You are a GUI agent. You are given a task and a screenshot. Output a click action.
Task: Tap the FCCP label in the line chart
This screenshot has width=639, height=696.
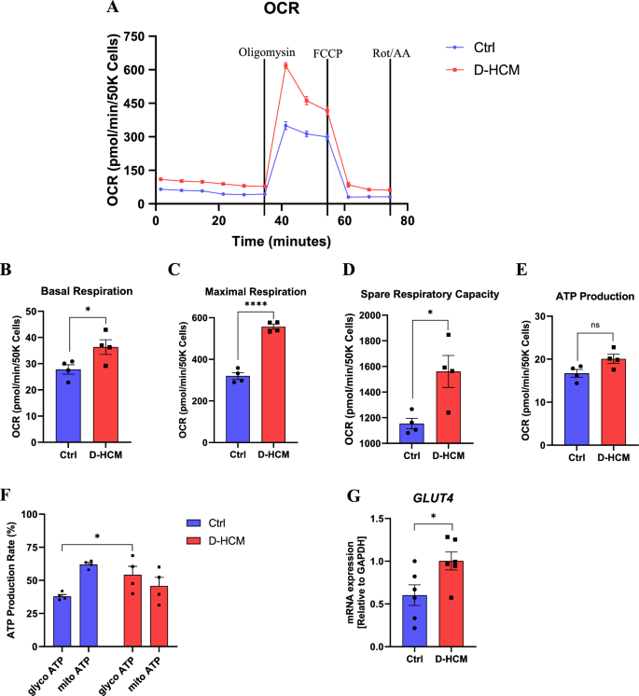pyautogui.click(x=327, y=53)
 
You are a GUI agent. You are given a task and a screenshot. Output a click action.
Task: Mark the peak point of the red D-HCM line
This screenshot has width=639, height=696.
pyautogui.click(x=287, y=64)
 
